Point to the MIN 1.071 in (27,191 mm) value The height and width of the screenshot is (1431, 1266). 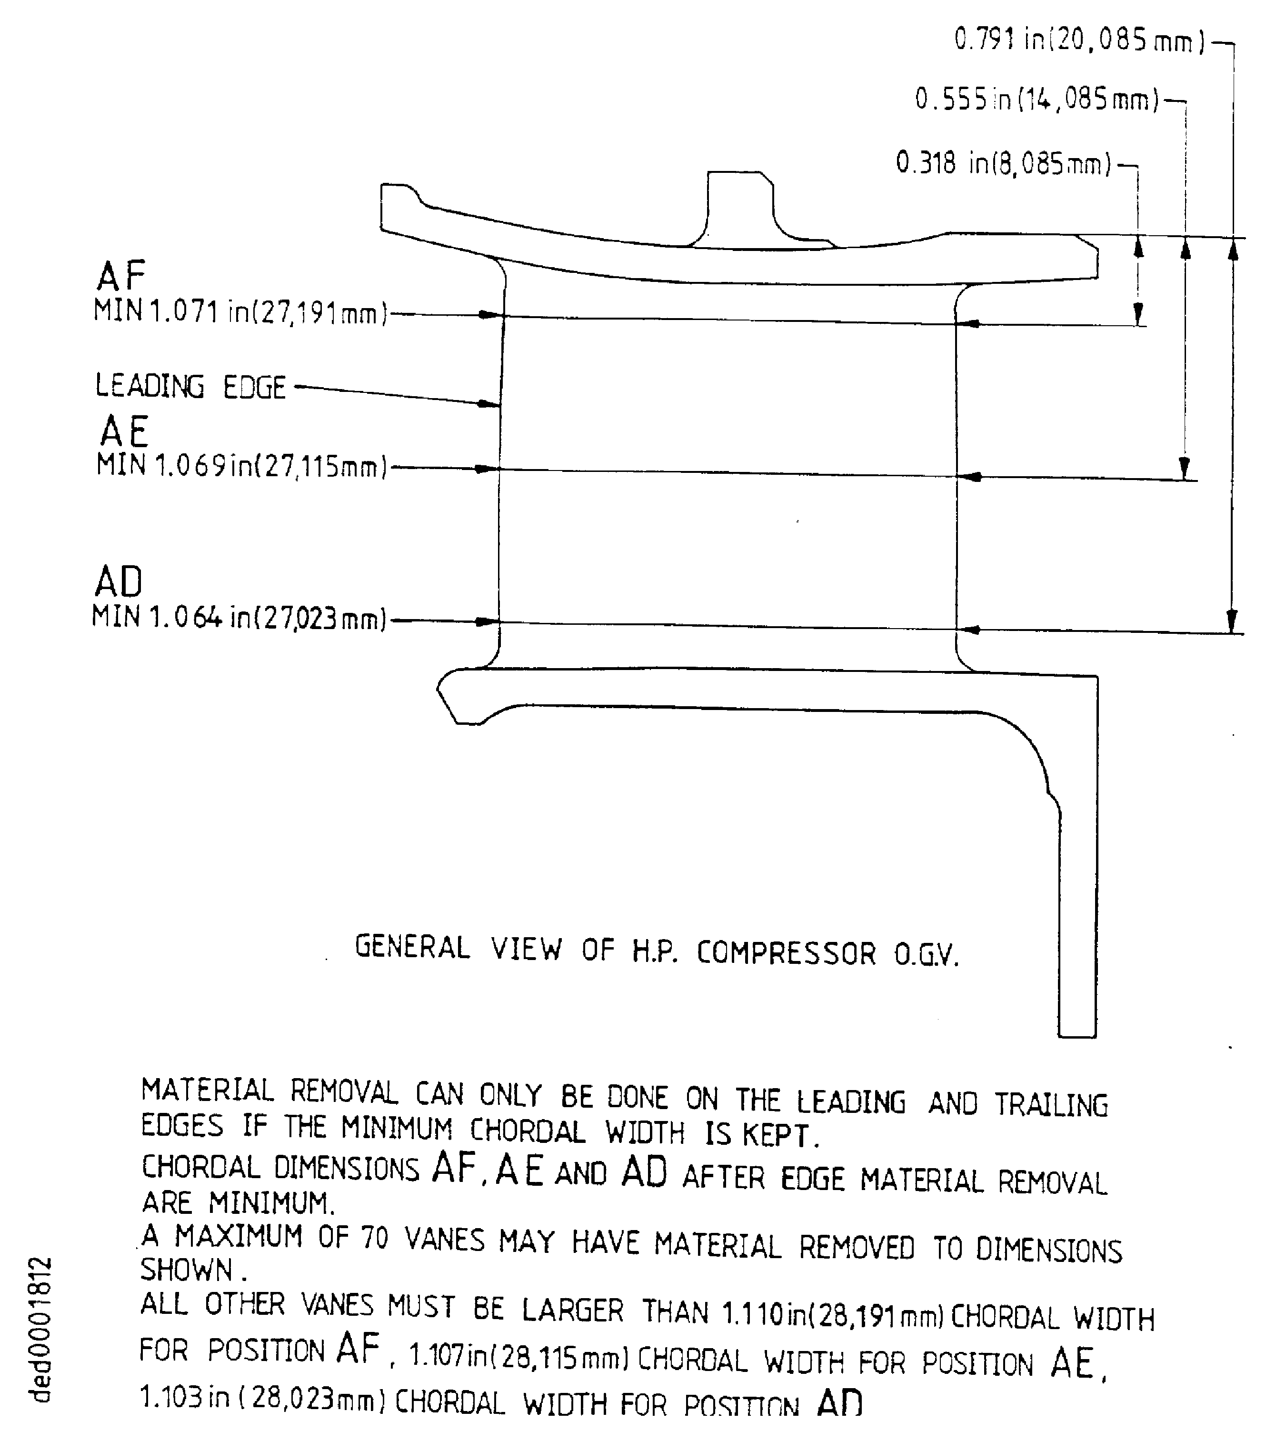[x=240, y=311]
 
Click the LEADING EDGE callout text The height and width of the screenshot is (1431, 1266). [x=190, y=387]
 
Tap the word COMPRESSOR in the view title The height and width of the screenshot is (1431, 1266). [x=786, y=953]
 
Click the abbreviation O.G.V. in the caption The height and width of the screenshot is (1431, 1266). [x=927, y=954]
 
